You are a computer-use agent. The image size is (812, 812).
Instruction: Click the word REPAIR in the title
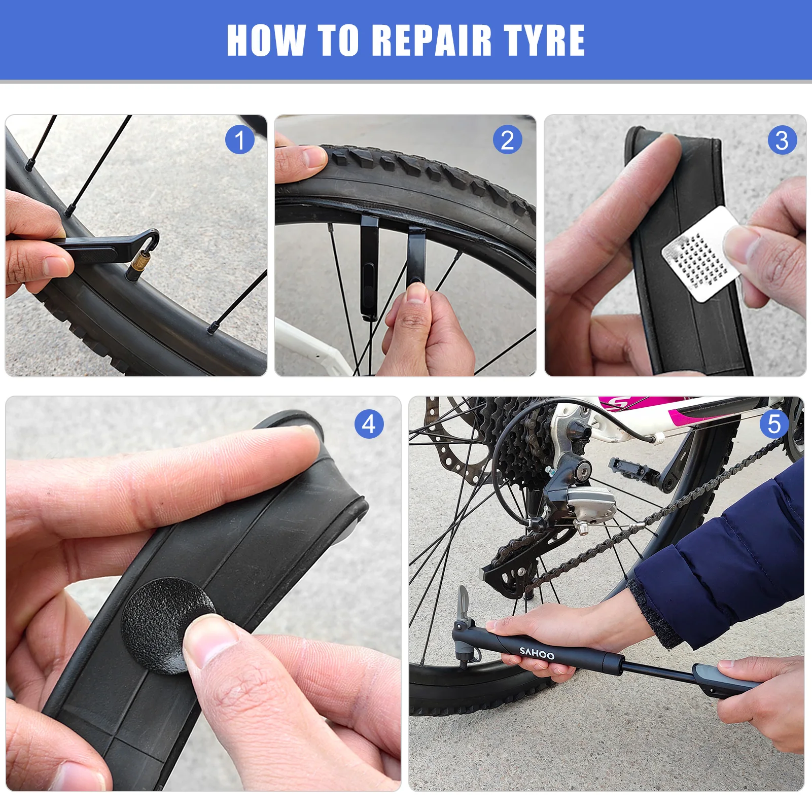coord(432,40)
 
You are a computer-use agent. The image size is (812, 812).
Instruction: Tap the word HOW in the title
coord(266,40)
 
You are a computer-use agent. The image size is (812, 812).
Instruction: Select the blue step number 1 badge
coord(240,140)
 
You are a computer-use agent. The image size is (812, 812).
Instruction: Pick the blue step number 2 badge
coord(508,140)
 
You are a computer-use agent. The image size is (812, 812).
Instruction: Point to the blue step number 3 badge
coord(783,140)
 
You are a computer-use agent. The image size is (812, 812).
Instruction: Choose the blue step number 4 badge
coord(369,424)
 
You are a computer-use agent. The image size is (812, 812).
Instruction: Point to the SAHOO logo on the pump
coord(537,653)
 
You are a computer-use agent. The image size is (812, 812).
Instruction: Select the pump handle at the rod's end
coord(725,681)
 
